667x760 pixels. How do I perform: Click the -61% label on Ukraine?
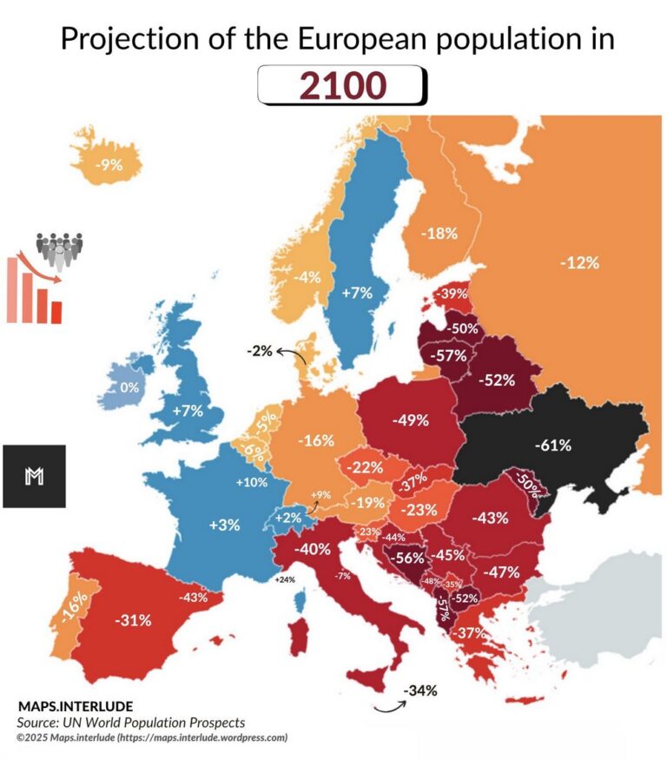(552, 446)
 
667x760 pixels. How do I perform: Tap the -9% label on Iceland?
(109, 165)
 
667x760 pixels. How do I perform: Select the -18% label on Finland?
(438, 233)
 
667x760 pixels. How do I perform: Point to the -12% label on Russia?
(579, 262)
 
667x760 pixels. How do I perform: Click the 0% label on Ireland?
(129, 387)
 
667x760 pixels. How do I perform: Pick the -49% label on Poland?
(410, 420)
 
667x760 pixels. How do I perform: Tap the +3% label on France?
(223, 525)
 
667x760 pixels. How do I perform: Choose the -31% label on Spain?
(134, 620)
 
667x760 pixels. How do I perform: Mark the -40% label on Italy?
(312, 549)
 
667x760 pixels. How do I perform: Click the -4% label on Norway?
(307, 277)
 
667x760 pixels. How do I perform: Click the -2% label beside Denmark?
(259, 351)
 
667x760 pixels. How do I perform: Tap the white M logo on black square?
(35, 476)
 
